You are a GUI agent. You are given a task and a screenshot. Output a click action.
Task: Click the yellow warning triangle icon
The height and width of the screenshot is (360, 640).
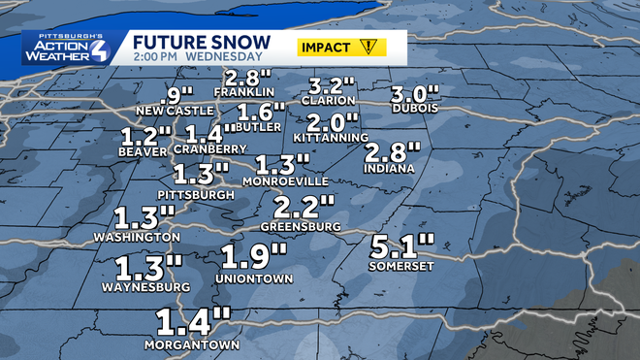coord(368,46)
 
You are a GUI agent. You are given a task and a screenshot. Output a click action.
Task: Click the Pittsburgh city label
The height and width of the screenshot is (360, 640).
coord(202,194)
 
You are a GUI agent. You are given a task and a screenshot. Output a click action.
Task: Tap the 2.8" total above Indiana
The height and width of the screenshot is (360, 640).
coord(394,152)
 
